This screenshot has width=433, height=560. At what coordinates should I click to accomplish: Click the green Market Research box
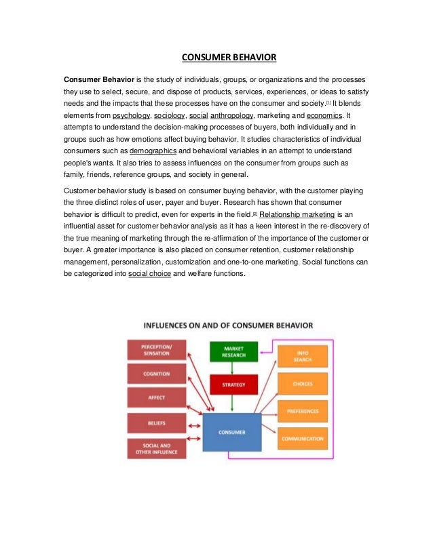tap(233, 352)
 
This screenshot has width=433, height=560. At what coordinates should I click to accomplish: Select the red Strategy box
tap(233, 384)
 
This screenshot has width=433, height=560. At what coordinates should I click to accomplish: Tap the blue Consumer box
tap(231, 433)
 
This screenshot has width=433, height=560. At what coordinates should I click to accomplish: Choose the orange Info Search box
tap(302, 356)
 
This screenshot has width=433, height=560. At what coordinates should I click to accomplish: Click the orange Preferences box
tap(302, 411)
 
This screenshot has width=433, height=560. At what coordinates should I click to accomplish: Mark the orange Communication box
tap(302, 439)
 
